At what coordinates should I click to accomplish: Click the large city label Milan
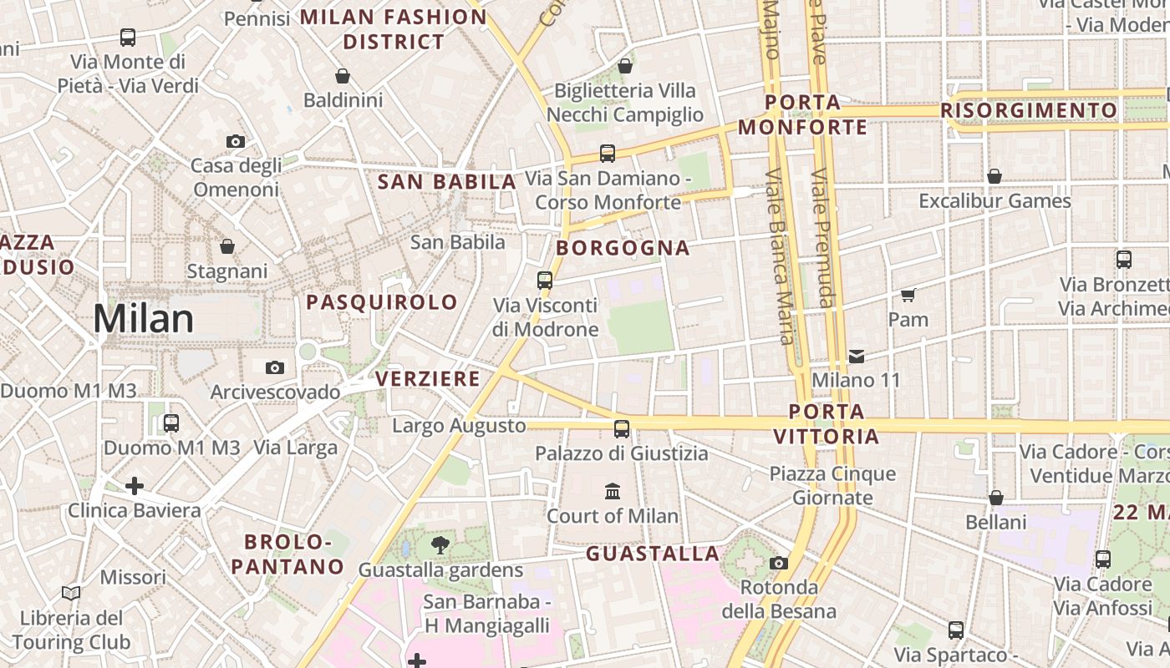[143, 319]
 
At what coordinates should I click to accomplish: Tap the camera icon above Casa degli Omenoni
[236, 141]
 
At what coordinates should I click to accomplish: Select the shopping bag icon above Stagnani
[226, 246]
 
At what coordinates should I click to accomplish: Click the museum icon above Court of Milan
[613, 491]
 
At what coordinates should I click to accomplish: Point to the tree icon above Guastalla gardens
[440, 546]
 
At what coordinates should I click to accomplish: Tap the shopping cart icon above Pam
[908, 295]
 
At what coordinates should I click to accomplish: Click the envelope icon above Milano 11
[857, 357]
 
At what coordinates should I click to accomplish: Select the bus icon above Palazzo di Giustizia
[622, 429]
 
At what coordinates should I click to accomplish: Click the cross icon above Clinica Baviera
[134, 485]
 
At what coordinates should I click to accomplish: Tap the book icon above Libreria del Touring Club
[71, 594]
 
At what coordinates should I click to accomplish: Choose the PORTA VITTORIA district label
[827, 424]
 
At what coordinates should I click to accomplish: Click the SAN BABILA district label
[447, 182]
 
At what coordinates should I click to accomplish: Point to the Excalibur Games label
[994, 201]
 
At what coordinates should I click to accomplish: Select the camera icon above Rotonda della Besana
[779, 563]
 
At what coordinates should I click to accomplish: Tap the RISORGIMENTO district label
[1029, 110]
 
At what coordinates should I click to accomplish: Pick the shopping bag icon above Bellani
[995, 498]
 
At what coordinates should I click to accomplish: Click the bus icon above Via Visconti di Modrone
[545, 281]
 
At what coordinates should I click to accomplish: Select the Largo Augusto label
[459, 426]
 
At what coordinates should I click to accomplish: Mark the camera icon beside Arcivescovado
[274, 367]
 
